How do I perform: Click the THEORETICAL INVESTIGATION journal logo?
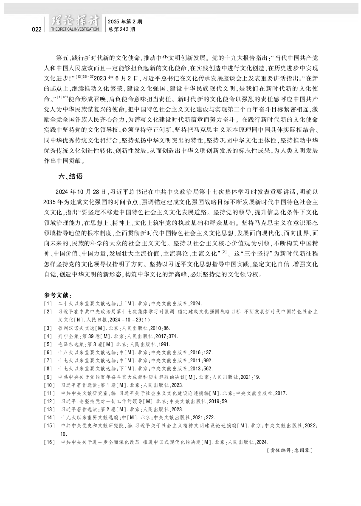pos(74,24)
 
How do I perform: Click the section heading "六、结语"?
pos(70,176)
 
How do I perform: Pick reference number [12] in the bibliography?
pos(49,401)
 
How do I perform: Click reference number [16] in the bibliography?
pos(49,442)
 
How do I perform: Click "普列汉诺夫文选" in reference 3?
pos(74,328)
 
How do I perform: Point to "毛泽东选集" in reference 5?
pos(71,344)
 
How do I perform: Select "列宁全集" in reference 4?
pos(68,336)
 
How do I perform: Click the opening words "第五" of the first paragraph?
pos(62,57)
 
